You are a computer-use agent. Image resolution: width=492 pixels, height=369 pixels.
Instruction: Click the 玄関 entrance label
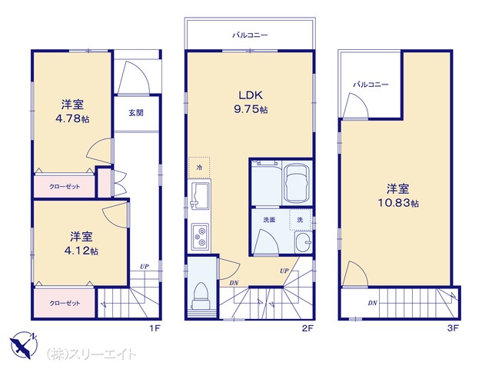(x=136, y=113)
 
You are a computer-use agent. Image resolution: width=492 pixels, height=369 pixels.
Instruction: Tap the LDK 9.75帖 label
(x=251, y=102)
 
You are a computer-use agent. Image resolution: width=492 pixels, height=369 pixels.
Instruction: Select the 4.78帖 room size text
(x=72, y=119)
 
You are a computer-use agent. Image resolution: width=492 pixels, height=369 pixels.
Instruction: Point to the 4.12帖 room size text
(x=81, y=251)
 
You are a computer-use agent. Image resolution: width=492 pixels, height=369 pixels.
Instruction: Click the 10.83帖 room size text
(x=398, y=203)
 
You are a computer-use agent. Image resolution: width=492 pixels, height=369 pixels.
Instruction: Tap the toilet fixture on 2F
(x=201, y=296)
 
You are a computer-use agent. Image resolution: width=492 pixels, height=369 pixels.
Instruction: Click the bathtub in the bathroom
(x=297, y=183)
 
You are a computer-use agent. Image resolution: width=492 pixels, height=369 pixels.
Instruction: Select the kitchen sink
(x=200, y=196)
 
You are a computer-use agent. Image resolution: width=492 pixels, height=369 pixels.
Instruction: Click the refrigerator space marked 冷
(x=199, y=168)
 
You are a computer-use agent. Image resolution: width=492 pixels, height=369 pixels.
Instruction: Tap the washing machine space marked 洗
(x=301, y=220)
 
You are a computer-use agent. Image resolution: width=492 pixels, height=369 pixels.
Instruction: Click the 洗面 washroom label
(x=269, y=220)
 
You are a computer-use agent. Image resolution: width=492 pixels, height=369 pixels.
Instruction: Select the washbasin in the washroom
(x=303, y=242)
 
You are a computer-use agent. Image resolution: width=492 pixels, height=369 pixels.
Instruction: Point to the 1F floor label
(x=155, y=328)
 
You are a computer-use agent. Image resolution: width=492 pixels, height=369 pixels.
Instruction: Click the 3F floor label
(x=453, y=328)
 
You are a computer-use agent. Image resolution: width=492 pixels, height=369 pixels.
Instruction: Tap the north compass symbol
(x=23, y=344)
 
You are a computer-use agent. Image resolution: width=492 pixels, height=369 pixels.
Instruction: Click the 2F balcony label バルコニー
(x=250, y=35)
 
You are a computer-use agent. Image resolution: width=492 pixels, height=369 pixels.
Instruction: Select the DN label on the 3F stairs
(x=372, y=303)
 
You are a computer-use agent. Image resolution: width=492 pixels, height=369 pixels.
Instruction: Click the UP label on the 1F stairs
(x=145, y=267)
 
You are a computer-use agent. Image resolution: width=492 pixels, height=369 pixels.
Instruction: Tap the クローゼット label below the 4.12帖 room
(x=65, y=303)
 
